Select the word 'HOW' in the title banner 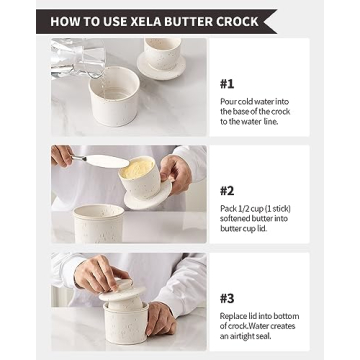[x=65, y=21]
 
